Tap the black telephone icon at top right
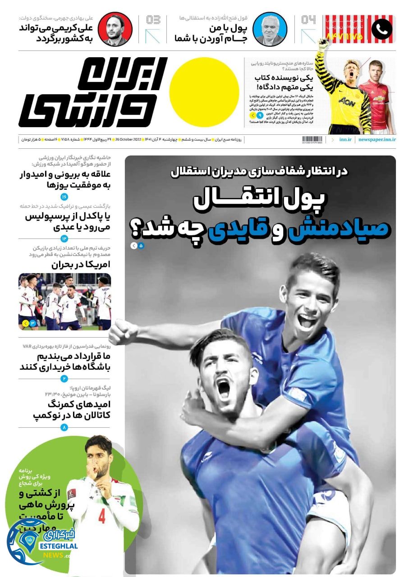(x=381, y=29)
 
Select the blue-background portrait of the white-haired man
(x=270, y=29)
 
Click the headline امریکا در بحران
(x=81, y=265)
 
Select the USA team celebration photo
(x=64, y=302)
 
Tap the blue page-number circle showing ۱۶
(x=64, y=197)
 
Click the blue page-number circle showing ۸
(x=64, y=427)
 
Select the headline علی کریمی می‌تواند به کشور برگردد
(x=55, y=33)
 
